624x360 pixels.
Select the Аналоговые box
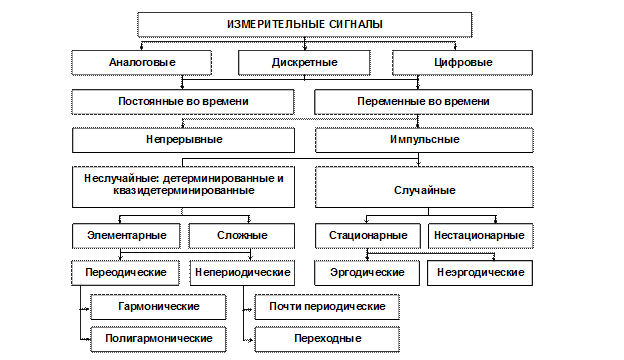(141, 62)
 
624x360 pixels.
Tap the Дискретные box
(304, 62)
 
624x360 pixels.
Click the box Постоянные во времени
(184, 101)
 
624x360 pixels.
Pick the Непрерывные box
(184, 139)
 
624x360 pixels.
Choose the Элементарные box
(127, 236)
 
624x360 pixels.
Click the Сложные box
(242, 236)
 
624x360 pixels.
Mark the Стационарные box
(367, 236)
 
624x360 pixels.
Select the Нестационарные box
(479, 236)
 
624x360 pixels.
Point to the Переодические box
(127, 272)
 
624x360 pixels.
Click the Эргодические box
(367, 272)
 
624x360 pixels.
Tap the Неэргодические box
(479, 272)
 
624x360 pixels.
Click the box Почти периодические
(327, 306)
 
